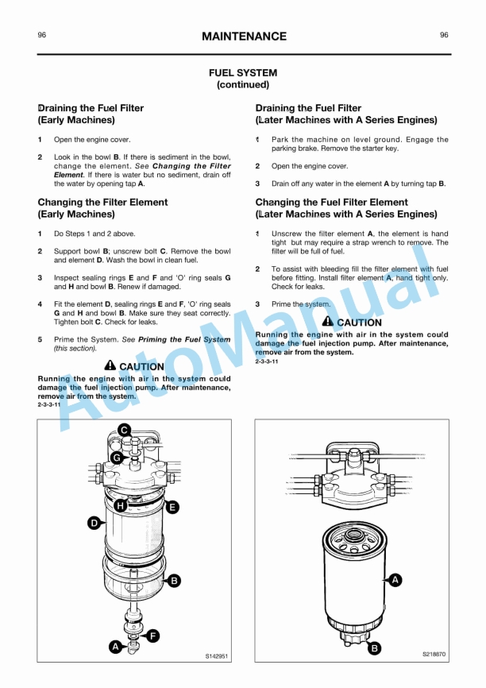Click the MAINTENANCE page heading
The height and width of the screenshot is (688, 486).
243,37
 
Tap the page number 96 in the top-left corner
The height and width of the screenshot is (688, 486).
42,35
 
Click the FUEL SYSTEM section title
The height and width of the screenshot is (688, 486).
243,72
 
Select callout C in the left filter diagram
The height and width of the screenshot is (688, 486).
124,430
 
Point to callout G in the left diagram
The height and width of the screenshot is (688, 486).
117,458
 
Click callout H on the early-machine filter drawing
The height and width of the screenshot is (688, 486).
120,505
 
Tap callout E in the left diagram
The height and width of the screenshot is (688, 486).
172,506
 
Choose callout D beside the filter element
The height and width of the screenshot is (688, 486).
94,523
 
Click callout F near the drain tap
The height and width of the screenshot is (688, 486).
152,635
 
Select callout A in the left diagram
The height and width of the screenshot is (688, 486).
116,647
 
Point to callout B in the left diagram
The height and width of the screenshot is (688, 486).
174,581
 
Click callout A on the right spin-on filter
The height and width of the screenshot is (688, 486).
395,580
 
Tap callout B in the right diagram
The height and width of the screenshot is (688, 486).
374,648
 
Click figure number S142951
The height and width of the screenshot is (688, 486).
217,656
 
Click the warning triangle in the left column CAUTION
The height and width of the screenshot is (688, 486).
110,366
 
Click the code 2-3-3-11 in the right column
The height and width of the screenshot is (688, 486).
267,361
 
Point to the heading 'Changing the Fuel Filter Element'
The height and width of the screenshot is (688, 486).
331,203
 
